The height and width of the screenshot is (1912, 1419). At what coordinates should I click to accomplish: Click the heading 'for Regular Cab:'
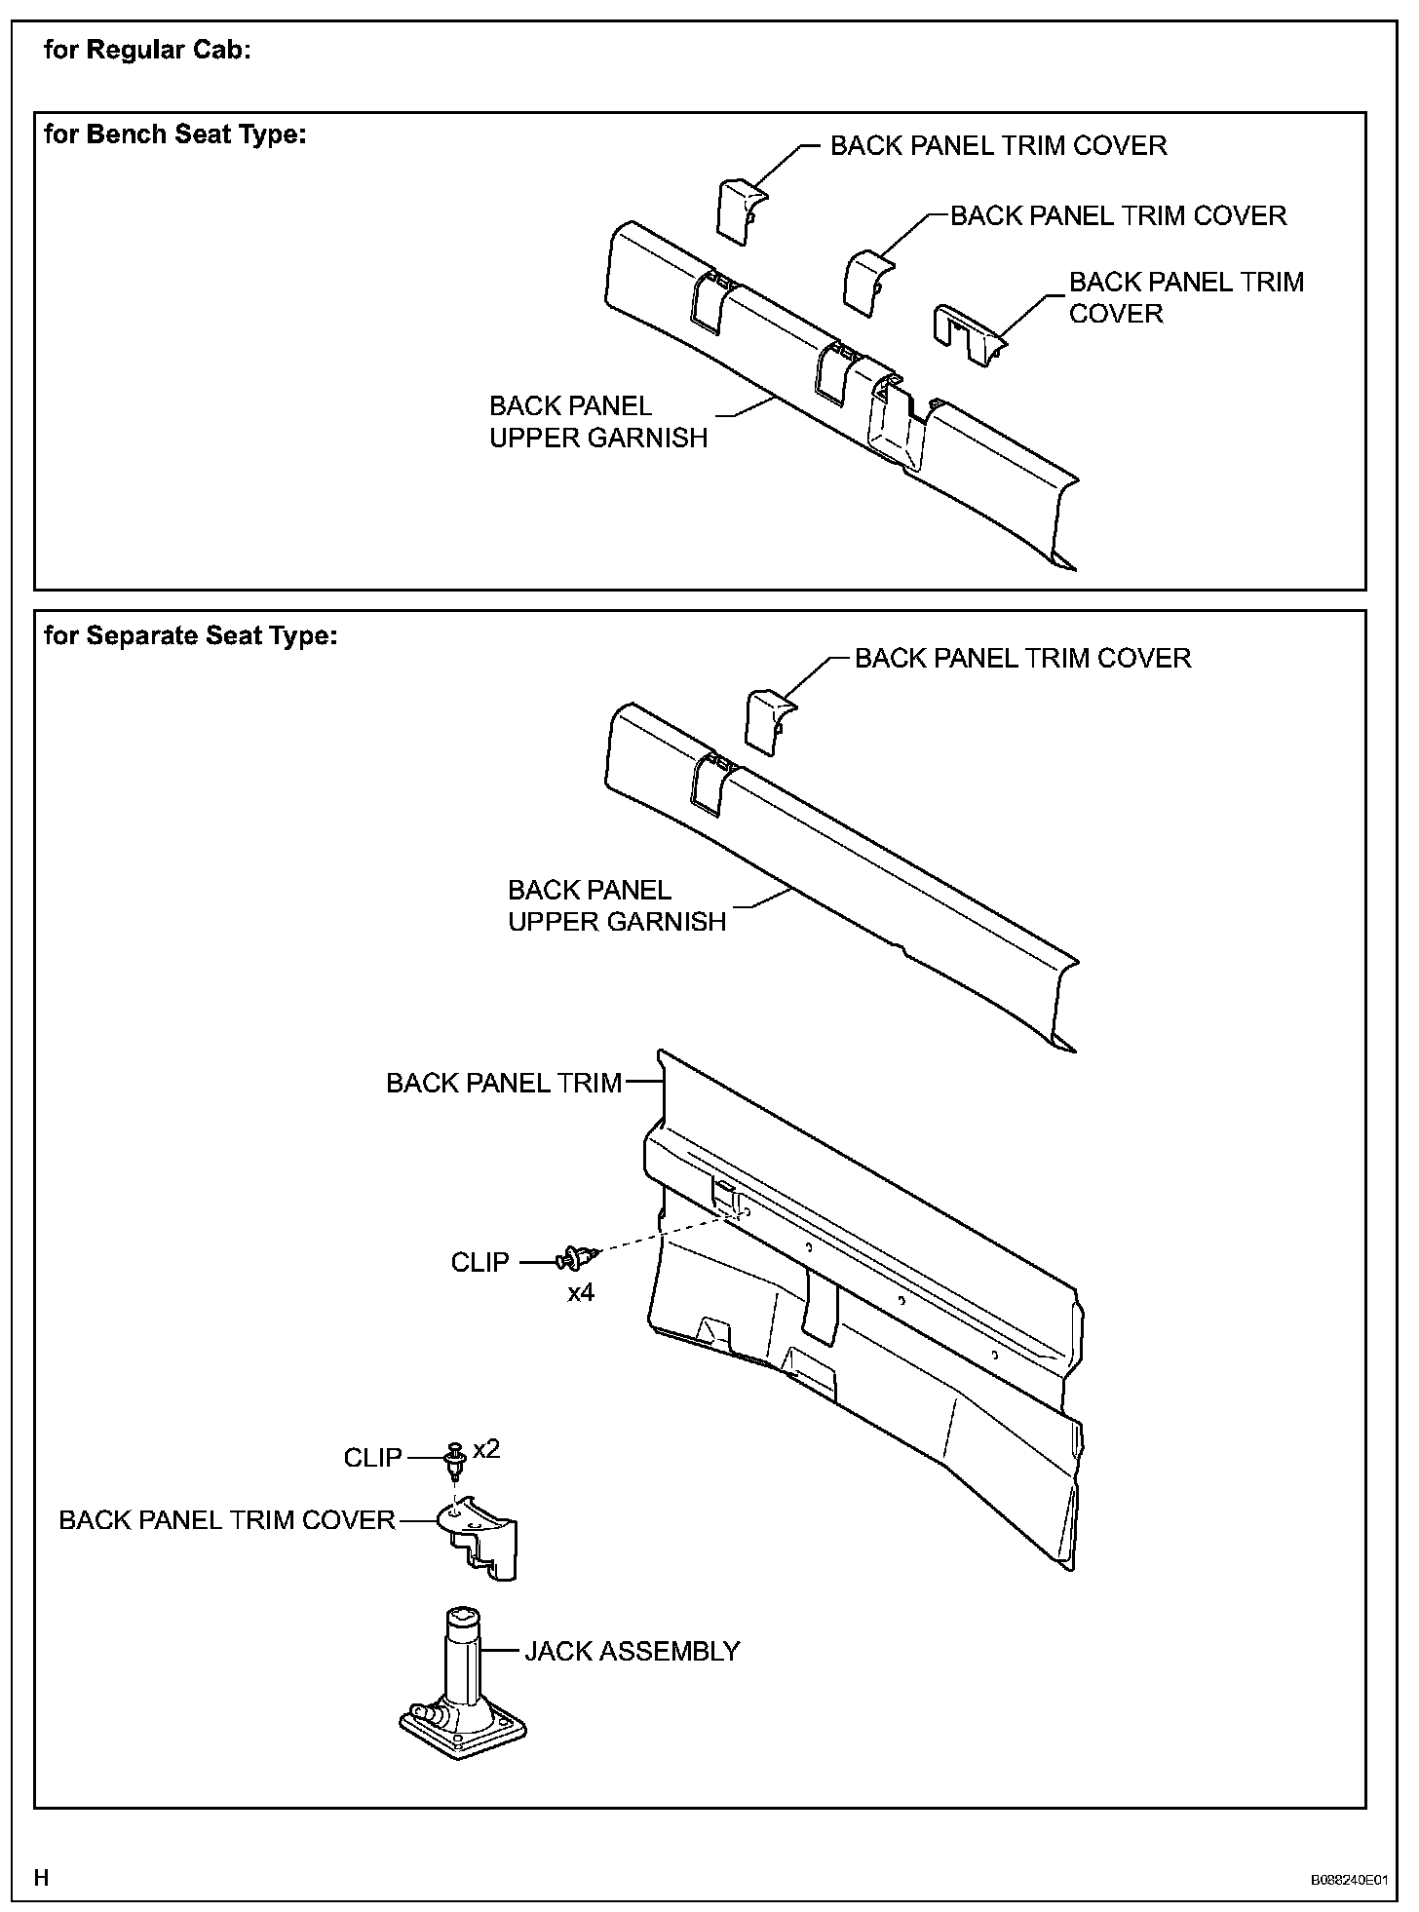coord(147,50)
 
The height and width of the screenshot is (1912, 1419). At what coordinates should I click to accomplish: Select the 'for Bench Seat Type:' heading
coord(175,134)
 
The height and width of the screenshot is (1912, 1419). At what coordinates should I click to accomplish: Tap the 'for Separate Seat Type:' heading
coord(191,635)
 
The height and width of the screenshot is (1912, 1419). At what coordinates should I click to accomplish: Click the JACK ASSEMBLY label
coord(632,1651)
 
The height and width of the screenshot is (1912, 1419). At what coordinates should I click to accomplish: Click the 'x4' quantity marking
coord(581,1293)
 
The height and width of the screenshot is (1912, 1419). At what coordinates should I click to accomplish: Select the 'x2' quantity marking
coord(486,1449)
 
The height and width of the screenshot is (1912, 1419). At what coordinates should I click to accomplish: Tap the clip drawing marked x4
coord(572,1259)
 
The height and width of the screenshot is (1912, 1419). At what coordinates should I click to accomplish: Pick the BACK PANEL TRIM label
coord(504,1083)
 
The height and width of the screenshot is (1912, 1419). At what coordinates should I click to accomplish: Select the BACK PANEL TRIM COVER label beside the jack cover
coord(227,1520)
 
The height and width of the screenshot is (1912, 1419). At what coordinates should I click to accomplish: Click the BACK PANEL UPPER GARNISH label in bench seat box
coord(597,422)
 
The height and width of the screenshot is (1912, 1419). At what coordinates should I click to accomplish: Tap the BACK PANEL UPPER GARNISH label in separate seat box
coord(617,905)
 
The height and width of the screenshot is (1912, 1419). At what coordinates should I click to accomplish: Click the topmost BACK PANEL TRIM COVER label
coord(998,146)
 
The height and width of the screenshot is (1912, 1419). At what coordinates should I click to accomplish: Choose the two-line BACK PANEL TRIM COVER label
coord(1185,297)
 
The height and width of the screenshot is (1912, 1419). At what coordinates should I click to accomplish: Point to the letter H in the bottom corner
coord(41,1877)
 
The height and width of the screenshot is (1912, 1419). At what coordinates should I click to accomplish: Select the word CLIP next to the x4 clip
coord(479,1262)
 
